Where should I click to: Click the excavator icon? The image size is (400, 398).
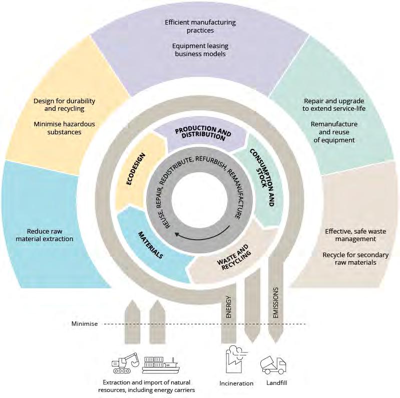click(x=125, y=363)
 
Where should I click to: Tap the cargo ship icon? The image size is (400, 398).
click(x=161, y=365)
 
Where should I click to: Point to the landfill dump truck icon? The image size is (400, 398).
click(x=273, y=365)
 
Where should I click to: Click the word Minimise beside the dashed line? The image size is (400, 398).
click(x=85, y=324)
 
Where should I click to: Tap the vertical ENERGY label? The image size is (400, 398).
click(x=229, y=307)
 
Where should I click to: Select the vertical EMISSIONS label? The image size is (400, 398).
click(x=275, y=303)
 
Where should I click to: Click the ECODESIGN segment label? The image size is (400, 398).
click(x=136, y=169)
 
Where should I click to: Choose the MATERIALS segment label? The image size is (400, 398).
click(x=151, y=245)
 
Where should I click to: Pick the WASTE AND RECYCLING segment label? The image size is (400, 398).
click(x=234, y=258)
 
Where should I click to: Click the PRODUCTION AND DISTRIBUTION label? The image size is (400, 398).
click(x=203, y=133)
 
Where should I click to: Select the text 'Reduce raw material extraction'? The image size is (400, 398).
click(x=45, y=235)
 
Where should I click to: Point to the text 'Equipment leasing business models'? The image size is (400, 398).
click(x=200, y=50)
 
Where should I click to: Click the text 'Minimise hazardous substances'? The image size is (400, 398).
click(x=64, y=128)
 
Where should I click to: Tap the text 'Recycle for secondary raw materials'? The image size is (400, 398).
click(x=355, y=259)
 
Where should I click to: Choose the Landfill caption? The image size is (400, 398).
click(x=277, y=383)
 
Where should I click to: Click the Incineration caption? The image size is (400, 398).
click(x=236, y=383)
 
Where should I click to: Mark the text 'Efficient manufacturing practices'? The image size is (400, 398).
click(x=200, y=26)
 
